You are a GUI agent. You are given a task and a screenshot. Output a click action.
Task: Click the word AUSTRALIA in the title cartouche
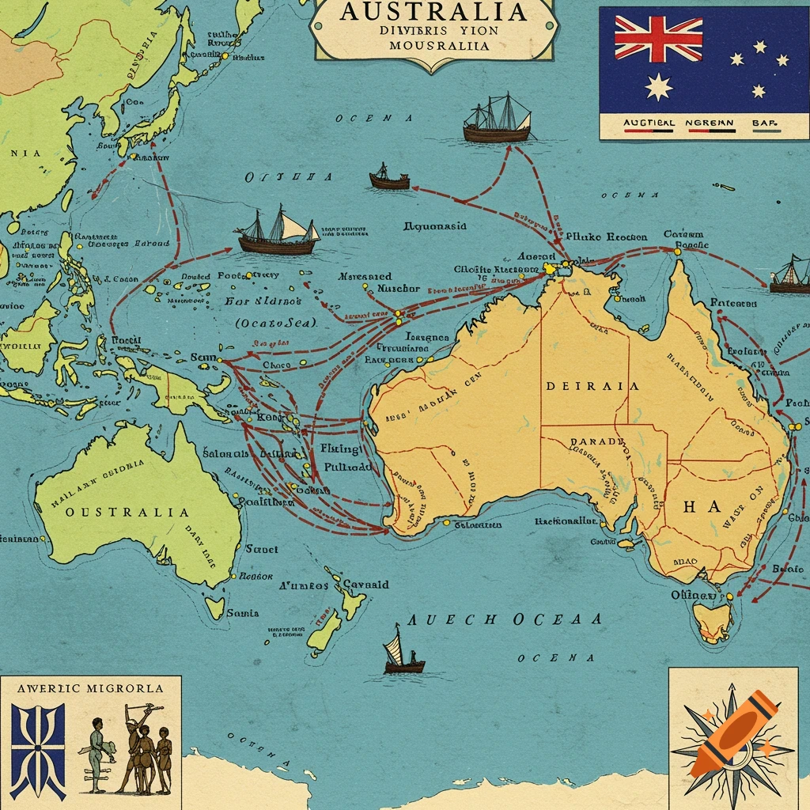tap(434, 12)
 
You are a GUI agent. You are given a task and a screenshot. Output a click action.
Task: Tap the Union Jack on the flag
tap(658, 39)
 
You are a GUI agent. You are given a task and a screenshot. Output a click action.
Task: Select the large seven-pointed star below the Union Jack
tap(658, 86)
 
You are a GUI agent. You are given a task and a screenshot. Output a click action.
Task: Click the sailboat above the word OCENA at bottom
tap(403, 652)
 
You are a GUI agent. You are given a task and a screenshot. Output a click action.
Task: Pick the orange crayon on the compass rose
tap(732, 732)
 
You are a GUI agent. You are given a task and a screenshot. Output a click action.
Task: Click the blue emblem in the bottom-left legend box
tap(38, 750)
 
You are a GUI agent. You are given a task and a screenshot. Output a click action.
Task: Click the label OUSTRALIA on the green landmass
tap(127, 512)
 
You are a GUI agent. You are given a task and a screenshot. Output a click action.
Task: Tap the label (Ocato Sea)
tap(276, 323)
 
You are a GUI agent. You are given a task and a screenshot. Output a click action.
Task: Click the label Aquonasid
tap(435, 226)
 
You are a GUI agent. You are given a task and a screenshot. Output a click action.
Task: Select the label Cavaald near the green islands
tap(365, 585)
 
